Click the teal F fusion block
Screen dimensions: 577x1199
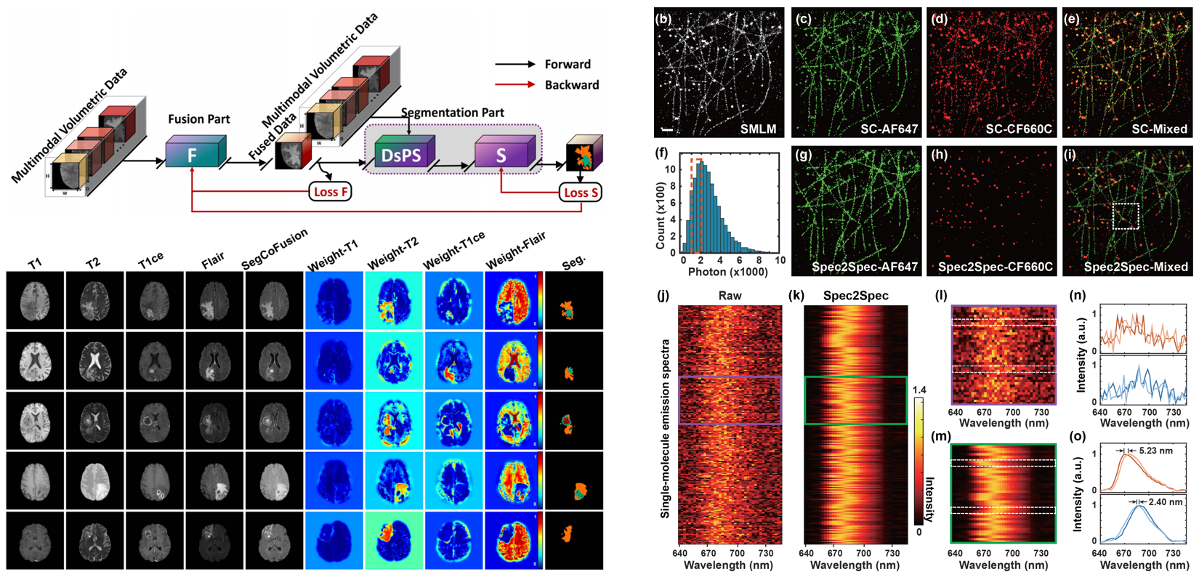pos(192,155)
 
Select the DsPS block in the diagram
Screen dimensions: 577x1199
pos(401,156)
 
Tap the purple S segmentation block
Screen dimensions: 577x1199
pos(501,155)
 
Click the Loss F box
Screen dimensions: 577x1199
pos(331,192)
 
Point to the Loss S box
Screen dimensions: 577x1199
pos(581,193)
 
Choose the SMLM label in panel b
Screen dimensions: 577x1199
pos(758,129)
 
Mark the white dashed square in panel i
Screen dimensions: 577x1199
pos(1126,217)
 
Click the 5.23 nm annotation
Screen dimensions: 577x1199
pos(1156,451)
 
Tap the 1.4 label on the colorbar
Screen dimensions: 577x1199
pos(919,390)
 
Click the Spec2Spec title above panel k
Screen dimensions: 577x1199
pos(856,296)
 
